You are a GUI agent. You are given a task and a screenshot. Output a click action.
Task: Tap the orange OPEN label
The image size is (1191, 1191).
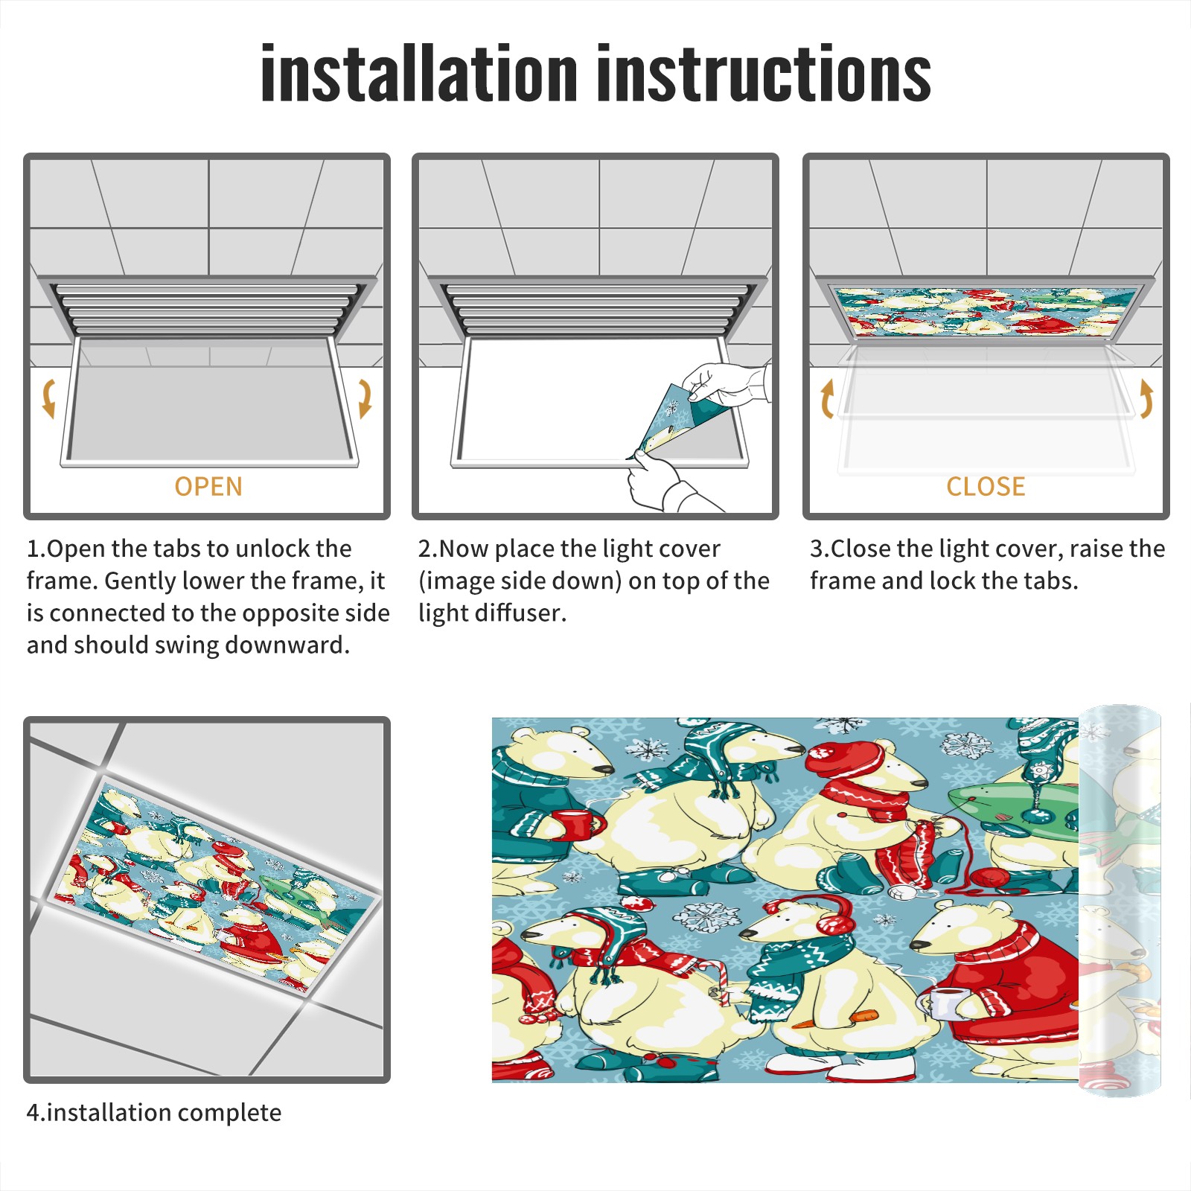click(x=208, y=487)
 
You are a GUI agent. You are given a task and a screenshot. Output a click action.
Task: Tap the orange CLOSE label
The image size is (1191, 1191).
click(x=986, y=487)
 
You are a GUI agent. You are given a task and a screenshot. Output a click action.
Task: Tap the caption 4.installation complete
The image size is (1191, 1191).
click(x=154, y=1113)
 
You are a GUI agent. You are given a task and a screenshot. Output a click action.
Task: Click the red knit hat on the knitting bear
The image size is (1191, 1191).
click(x=845, y=759)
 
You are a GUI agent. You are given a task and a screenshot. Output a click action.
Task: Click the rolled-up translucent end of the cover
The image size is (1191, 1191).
click(x=1120, y=901)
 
